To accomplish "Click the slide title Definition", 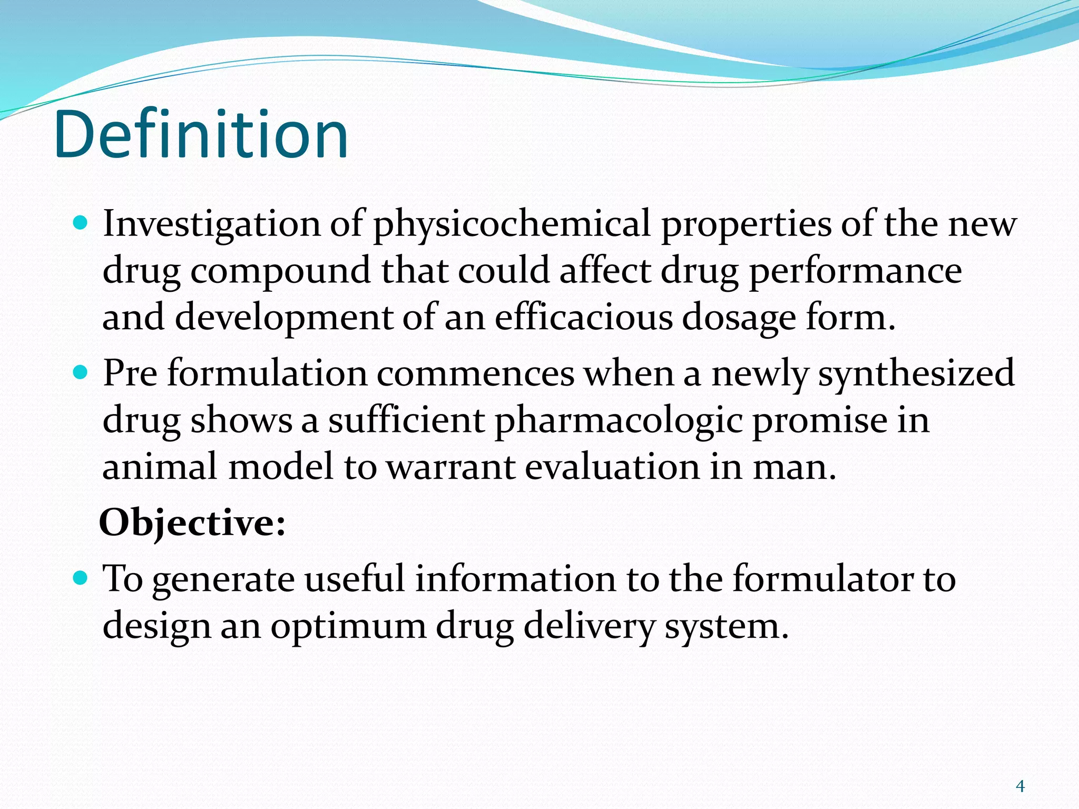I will [200, 134].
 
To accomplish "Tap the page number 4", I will [1020, 786].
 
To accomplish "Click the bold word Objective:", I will [192, 523].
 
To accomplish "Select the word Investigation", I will [211, 224].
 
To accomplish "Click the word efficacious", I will [583, 318].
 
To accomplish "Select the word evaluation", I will [612, 467].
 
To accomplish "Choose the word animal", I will [160, 467].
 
